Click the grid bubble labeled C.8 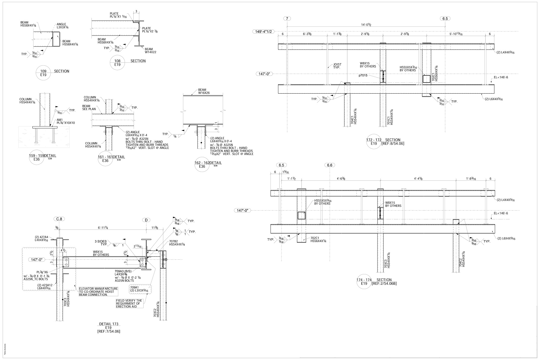[59, 219]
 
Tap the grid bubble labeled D [146, 220]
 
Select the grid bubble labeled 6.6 [329, 165]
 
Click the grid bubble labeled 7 [287, 19]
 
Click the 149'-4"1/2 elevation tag [263, 32]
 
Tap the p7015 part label [363, 76]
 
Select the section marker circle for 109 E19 [43, 73]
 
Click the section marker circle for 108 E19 [117, 63]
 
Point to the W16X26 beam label [204, 92]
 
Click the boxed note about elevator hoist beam [98, 292]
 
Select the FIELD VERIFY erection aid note [129, 303]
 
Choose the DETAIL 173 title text [109, 324]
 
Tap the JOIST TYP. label [337, 66]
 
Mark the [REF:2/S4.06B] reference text [384, 284]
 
